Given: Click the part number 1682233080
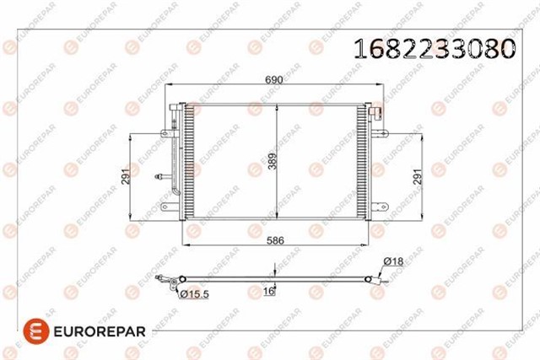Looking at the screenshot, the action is tap(435, 48).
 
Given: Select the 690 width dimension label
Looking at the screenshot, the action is tap(274, 79).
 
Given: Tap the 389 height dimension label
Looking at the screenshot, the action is tap(273, 161).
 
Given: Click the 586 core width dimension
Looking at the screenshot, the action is tap(275, 240).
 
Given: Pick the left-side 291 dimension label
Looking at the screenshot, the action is tap(126, 176).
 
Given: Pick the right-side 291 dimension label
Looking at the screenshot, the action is tap(418, 176).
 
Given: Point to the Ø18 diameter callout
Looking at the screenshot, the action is tap(393, 261).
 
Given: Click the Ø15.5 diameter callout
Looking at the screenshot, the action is tap(194, 294).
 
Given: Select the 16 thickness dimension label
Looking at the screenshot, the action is tap(268, 291).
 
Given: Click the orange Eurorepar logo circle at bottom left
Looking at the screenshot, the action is tap(35, 331).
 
